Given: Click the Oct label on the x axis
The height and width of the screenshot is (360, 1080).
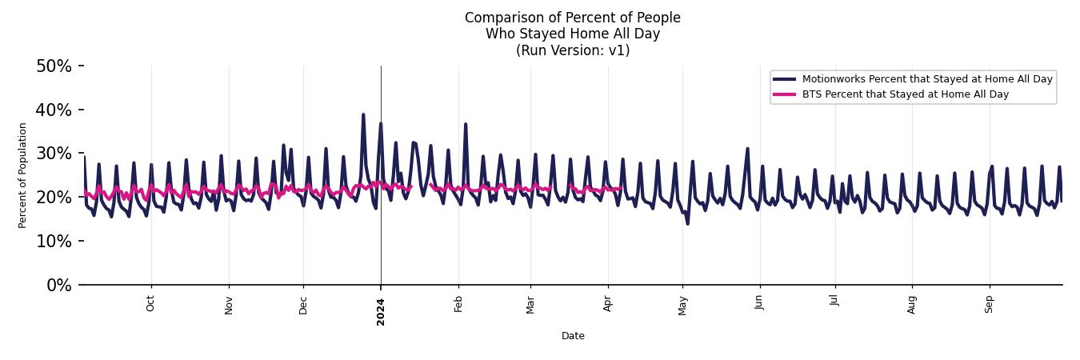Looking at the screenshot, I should pos(150,304).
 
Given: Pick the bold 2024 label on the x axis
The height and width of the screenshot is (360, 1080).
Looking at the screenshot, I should pos(381,311).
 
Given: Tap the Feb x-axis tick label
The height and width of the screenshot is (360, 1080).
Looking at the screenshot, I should pos(458,304).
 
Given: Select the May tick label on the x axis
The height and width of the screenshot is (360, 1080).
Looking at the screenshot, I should pos(682,305).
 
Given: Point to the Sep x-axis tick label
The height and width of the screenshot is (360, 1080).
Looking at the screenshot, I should pos(989,304).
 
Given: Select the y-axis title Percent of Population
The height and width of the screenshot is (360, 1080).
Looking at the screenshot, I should pos(22,175).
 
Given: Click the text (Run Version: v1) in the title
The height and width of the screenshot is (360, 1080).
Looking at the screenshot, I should pos(573,50).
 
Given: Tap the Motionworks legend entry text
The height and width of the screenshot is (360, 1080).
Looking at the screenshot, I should pos(927,79).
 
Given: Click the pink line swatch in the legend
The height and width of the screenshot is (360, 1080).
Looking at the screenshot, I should pos(784,94).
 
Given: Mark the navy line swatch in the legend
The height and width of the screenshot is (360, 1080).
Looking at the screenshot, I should pos(784,79).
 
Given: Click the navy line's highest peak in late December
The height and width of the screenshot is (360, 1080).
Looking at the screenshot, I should pos(362,114).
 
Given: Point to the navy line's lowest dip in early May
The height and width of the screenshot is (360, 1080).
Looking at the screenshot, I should pos(687,223).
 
